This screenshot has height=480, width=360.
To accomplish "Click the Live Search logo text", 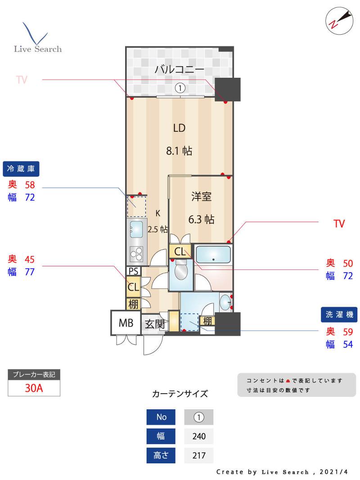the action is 38,49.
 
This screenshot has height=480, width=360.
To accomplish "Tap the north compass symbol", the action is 339,21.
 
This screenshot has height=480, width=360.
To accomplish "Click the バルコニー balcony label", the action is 180,69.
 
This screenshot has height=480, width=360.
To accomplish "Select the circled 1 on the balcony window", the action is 180,88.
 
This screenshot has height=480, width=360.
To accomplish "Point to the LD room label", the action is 179,128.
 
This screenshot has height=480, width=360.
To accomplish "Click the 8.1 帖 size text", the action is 179,151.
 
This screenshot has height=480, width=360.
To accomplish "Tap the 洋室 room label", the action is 201,196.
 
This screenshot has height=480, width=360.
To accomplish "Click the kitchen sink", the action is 136,229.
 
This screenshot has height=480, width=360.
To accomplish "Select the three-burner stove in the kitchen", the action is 136,254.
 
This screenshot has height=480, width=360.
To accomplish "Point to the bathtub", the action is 213,254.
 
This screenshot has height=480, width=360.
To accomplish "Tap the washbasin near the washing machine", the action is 225,303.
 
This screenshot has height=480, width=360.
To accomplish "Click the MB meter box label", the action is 126,323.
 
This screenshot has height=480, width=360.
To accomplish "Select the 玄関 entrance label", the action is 155,324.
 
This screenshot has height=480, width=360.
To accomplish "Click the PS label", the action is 134,271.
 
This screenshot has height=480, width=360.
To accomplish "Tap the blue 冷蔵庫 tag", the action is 21,169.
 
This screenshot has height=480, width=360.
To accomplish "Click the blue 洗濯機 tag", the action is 339,314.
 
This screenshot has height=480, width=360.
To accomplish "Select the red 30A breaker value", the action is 34,388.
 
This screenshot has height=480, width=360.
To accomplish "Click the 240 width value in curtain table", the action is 199,436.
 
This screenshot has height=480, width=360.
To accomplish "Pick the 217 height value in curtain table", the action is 199,456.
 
